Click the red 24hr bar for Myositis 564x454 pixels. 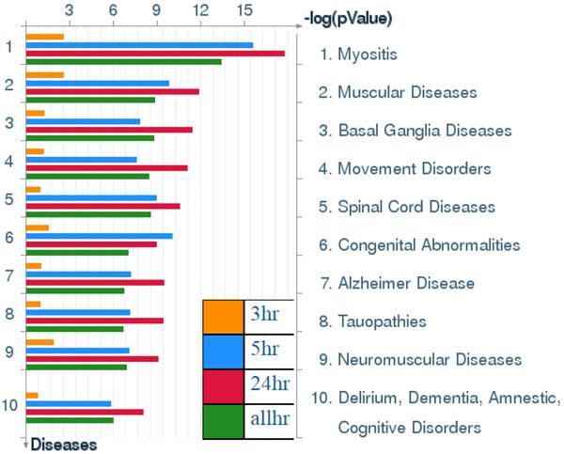point(155,54)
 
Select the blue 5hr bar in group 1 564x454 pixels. point(139,45)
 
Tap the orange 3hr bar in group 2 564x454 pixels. point(44,74)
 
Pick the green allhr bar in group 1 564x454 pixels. point(123,62)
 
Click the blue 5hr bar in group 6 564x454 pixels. point(99,236)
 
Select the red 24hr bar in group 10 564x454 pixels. point(85,412)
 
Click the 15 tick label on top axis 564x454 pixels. point(243,10)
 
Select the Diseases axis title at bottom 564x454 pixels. point(63,445)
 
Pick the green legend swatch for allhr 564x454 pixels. point(222,421)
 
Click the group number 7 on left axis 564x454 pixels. point(8,276)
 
